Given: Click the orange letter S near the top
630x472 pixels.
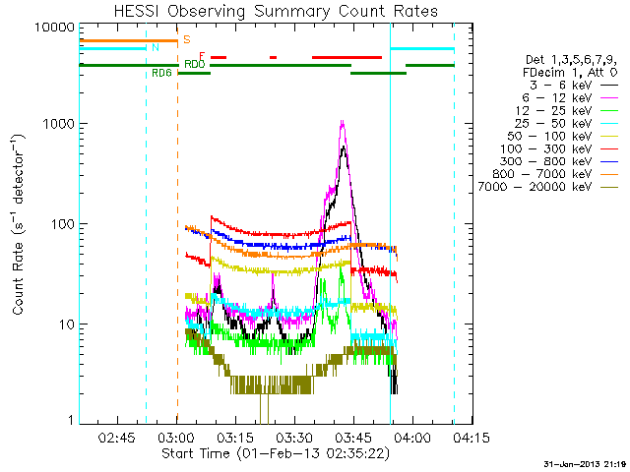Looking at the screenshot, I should pyautogui.click(x=186, y=40).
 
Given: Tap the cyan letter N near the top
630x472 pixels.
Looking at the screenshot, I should pyautogui.click(x=155, y=48).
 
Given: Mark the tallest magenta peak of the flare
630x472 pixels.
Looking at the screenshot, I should pyautogui.click(x=342, y=121).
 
